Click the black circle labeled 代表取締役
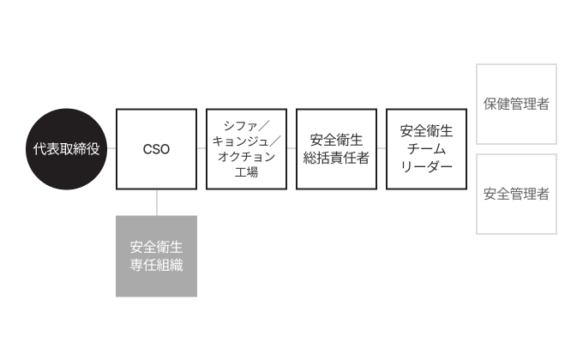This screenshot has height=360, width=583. [x=66, y=149]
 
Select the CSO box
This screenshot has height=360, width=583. [x=156, y=149]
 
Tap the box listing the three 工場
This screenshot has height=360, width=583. [x=246, y=149]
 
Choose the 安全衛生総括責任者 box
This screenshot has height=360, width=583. [x=336, y=149]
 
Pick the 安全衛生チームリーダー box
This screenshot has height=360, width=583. [x=426, y=149]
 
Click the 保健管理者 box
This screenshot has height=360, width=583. [x=516, y=104]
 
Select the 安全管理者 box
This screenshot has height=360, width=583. [x=516, y=194]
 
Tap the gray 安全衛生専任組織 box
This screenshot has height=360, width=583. [x=156, y=256]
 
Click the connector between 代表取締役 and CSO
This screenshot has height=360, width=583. [x=111, y=149]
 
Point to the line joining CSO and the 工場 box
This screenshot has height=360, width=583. [x=201, y=149]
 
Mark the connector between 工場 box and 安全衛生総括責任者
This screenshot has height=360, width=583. [x=291, y=149]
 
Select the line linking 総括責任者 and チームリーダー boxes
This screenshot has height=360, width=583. [x=382, y=149]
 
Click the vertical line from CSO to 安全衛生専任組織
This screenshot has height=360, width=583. [x=156, y=202]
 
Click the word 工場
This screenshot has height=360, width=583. [x=246, y=172]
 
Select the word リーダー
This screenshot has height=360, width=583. [x=426, y=165]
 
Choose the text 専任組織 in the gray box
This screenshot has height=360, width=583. [x=156, y=265]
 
